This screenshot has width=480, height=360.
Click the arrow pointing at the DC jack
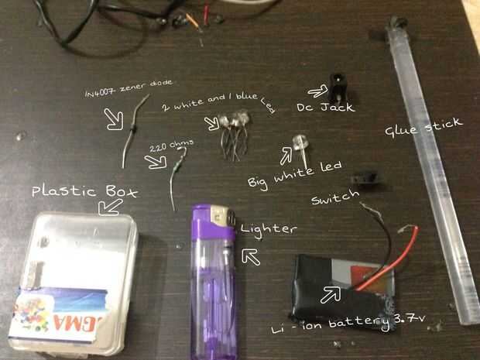pos(318,92)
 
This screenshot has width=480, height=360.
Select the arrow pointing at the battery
pos(332,293)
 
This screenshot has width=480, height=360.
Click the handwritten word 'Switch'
pos(335,200)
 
